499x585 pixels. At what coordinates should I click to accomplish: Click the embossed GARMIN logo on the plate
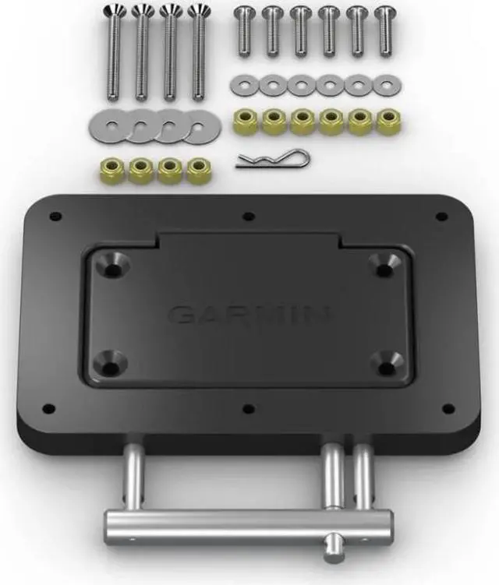[249, 315]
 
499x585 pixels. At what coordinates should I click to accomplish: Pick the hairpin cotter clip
[273, 159]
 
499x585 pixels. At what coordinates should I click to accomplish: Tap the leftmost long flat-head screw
[114, 52]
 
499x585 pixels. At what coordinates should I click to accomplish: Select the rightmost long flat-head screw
[198, 52]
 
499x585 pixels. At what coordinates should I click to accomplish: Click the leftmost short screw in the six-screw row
[244, 33]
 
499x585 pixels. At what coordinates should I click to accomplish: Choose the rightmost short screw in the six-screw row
[384, 32]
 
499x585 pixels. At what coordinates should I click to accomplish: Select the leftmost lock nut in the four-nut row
[111, 171]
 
